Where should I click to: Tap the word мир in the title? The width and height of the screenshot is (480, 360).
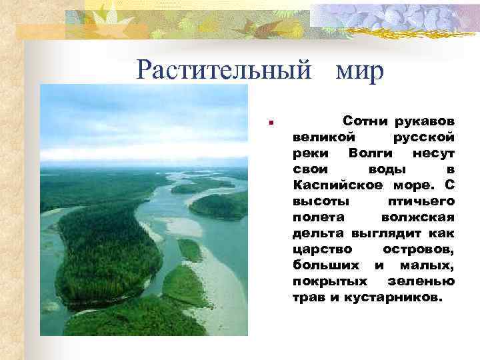361,69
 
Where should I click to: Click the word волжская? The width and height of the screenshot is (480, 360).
419,216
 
